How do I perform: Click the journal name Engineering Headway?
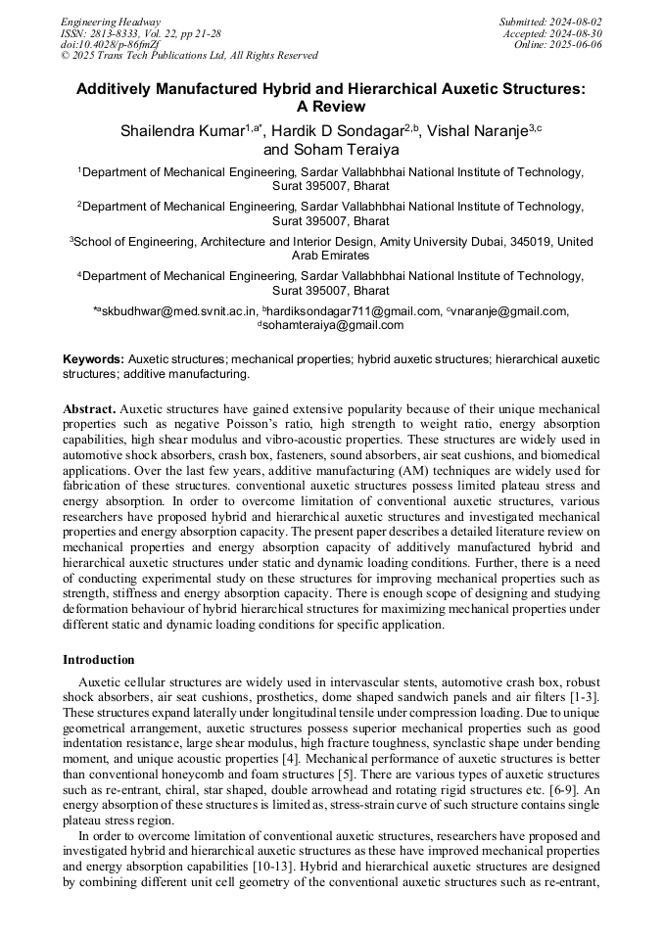[111, 22]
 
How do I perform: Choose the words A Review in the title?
[331, 106]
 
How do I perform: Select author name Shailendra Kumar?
[183, 130]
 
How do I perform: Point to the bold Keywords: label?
[94, 359]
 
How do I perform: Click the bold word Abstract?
[89, 407]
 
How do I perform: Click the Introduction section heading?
[98, 659]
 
